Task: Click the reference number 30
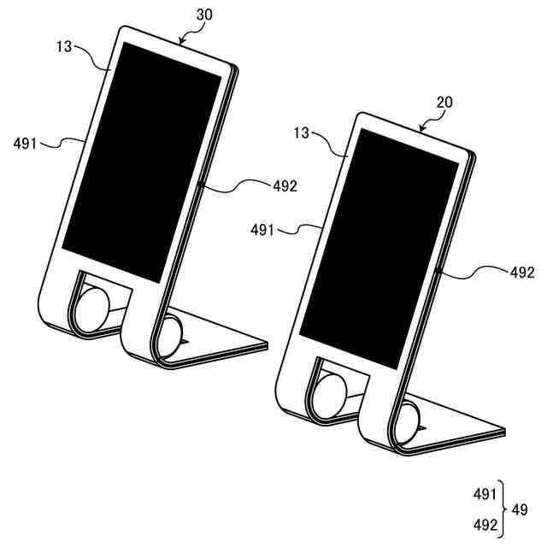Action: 204,15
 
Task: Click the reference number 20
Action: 444,103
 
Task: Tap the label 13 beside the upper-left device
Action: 64,46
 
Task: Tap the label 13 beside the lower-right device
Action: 302,133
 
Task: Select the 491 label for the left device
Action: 25,144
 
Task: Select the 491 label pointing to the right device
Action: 262,230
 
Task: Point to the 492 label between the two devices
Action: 285,186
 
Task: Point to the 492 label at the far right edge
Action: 522,273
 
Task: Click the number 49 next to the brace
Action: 520,510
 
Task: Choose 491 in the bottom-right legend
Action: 485,494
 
